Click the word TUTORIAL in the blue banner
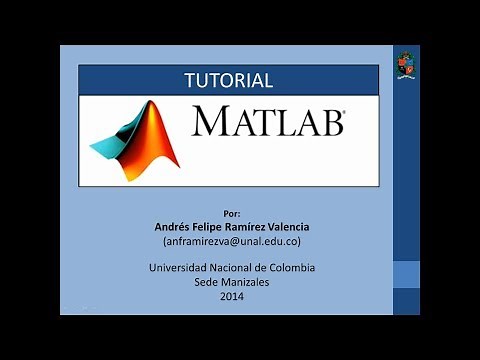click(x=229, y=80)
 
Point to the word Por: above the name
click(x=232, y=214)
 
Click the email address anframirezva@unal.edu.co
click(x=232, y=242)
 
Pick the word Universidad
click(x=180, y=268)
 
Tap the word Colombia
click(x=293, y=268)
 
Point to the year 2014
click(x=232, y=296)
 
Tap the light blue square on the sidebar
click(x=405, y=274)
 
